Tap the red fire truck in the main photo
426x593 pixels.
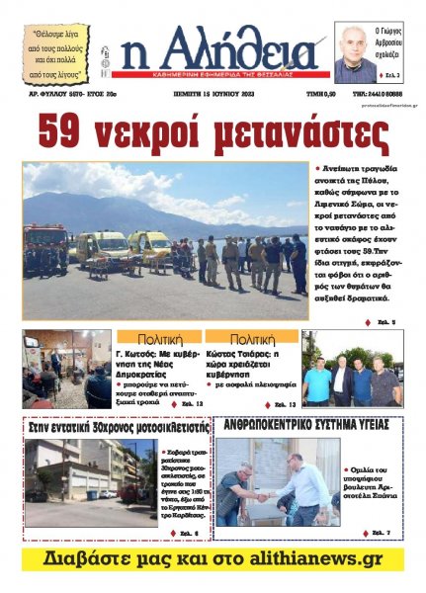click(43, 247)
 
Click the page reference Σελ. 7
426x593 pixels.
click(380, 534)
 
